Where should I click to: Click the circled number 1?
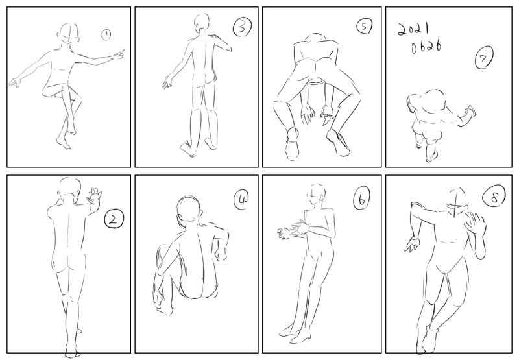click(x=106, y=34)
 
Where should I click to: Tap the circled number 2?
click(x=114, y=219)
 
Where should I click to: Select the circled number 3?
click(x=242, y=27)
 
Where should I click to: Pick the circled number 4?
click(x=242, y=200)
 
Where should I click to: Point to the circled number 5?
click(x=365, y=26)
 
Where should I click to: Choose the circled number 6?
click(x=361, y=200)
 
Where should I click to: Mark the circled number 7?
click(x=484, y=58)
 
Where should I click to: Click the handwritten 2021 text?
click(x=413, y=29)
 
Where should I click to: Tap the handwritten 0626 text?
click(x=426, y=47)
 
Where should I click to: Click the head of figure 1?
click(x=69, y=33)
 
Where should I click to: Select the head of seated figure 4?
click(x=189, y=209)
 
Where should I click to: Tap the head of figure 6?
click(x=317, y=194)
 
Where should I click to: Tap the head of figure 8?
click(x=456, y=201)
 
